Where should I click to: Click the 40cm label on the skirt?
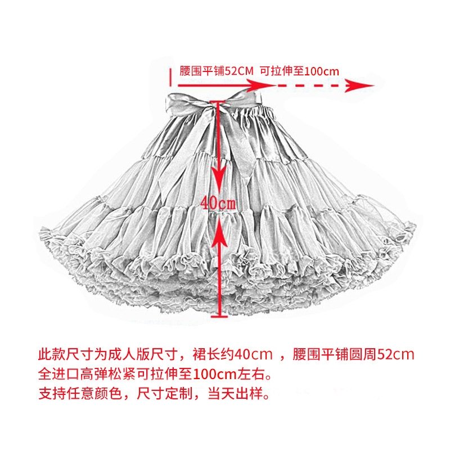tap(218, 204)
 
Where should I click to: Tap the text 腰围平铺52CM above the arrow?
tap(217, 71)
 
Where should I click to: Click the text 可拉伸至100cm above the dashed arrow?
tap(299, 71)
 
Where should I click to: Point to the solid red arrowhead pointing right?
tap(259, 85)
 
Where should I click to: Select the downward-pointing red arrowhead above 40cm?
tap(219, 178)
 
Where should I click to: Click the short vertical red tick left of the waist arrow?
tap(170, 77)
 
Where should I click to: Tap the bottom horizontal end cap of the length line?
tap(219, 317)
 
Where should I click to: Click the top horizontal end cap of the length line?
tap(218, 102)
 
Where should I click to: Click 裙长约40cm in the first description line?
tap(232, 354)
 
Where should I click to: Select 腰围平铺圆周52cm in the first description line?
tap(353, 354)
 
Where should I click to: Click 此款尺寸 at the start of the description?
tap(66, 354)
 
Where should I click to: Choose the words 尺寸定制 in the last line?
tap(164, 393)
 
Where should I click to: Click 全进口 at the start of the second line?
tap(59, 374)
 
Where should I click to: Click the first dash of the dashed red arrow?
tap(283, 85)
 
